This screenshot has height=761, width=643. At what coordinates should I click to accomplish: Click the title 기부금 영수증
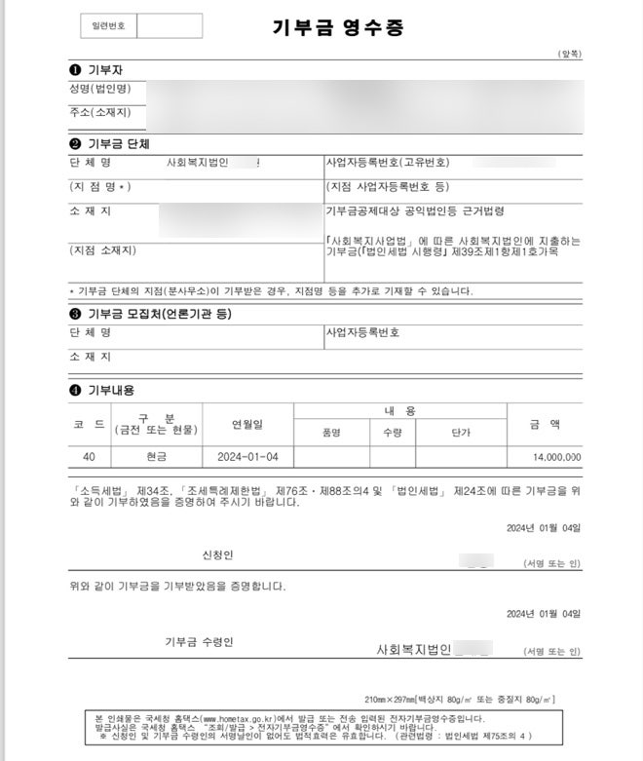tap(323, 27)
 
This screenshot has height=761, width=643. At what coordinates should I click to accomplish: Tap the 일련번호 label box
tap(102, 26)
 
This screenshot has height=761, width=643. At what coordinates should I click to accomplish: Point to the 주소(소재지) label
tap(100, 113)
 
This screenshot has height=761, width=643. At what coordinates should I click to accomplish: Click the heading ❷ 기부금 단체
tap(108, 143)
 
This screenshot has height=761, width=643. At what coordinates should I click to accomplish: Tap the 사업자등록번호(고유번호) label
tap(387, 162)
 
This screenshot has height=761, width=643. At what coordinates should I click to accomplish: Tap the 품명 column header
tap(331, 433)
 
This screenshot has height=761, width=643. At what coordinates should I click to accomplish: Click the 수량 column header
tap(393, 433)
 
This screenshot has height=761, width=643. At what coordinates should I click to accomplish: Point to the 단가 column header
tap(461, 433)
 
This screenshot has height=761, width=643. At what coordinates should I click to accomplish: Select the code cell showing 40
tap(89, 456)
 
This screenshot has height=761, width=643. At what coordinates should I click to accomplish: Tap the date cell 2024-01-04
tap(247, 456)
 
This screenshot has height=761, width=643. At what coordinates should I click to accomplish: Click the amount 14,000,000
tap(557, 456)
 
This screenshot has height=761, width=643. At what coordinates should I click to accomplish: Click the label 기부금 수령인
tap(199, 641)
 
